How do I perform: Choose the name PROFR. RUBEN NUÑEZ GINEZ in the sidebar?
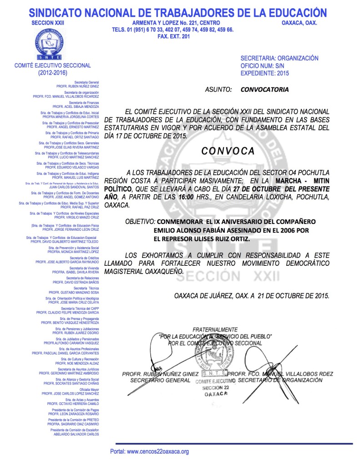point(77,86)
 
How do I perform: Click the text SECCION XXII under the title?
point(46,23)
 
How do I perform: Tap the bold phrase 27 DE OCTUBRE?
point(278,188)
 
